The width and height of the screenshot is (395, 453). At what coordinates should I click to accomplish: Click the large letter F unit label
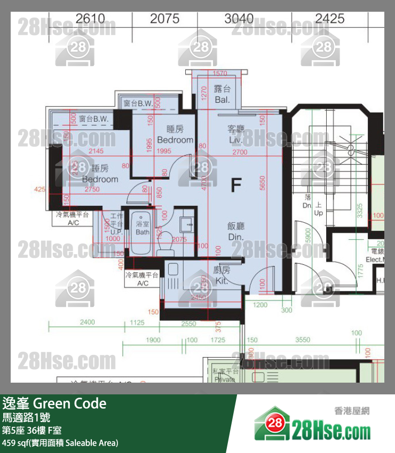[x=235, y=185]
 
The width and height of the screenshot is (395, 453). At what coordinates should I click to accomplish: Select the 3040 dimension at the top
[x=239, y=19]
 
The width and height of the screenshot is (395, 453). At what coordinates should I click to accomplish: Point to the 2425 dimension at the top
[x=329, y=19]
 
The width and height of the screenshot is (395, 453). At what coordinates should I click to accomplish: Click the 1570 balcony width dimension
[x=219, y=74]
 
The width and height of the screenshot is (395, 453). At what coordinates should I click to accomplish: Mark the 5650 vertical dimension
[x=262, y=183]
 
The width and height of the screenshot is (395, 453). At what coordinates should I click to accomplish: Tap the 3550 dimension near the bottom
[x=303, y=340]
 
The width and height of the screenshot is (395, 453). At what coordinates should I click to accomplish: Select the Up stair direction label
[x=319, y=209]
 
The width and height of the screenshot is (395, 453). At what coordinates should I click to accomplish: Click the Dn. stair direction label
[x=307, y=201]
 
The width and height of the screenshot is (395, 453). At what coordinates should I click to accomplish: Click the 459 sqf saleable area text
[x=60, y=443]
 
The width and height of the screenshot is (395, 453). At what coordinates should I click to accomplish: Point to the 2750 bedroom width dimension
[x=92, y=189]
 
